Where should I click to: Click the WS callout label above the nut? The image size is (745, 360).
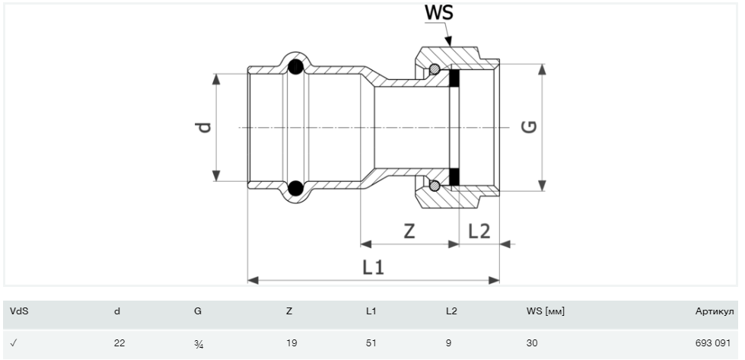[439, 13]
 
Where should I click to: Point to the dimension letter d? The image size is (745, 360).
[204, 127]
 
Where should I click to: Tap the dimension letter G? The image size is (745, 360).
[529, 127]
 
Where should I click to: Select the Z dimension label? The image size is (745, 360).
[409, 231]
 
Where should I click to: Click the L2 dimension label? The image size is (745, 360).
[479, 231]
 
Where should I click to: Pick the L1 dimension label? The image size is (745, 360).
[373, 268]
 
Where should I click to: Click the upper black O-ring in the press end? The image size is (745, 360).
[295, 66]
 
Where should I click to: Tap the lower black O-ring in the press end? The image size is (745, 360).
[295, 188]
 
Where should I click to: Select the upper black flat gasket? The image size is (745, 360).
[454, 78]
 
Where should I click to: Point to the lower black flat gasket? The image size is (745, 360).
[454, 177]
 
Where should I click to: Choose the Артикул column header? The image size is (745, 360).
[715, 311]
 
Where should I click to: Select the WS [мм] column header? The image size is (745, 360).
[546, 311]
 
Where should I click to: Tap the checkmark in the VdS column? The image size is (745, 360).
[13, 343]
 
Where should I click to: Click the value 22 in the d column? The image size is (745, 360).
[119, 343]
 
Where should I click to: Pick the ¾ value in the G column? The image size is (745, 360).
[199, 343]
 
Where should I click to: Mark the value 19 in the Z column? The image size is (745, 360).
[291, 343]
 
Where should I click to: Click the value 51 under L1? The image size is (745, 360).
[371, 343]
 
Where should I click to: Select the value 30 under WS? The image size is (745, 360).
[532, 343]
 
